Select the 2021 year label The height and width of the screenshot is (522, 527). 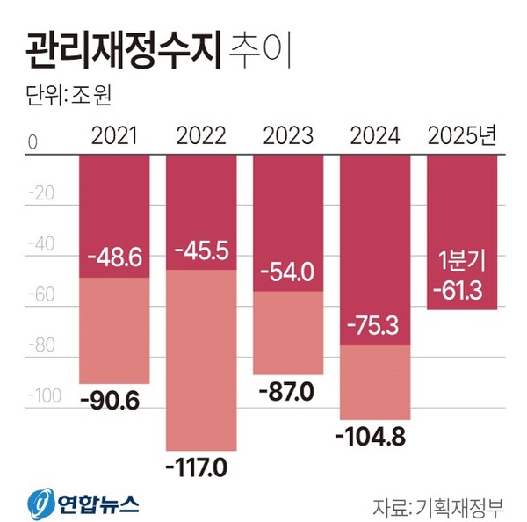(x=114, y=136)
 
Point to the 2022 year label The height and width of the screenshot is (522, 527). (x=201, y=136)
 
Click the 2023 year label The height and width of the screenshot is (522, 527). (x=288, y=136)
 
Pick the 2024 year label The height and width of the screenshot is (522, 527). (x=374, y=136)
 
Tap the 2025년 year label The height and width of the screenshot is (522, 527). (x=462, y=136)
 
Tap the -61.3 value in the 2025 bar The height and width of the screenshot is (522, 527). (x=462, y=288)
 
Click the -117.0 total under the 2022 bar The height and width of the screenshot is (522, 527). (x=200, y=467)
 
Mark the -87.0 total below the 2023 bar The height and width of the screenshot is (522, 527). (x=288, y=391)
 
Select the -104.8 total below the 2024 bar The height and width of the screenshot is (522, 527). (x=374, y=437)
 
